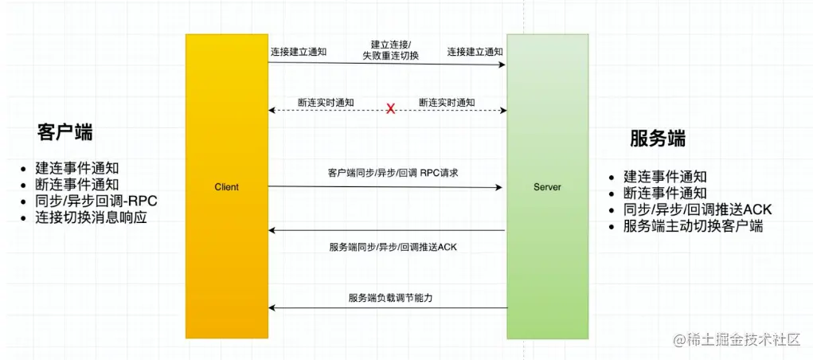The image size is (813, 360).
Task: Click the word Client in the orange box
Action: click(x=226, y=187)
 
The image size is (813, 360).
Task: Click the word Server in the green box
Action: click(x=547, y=187)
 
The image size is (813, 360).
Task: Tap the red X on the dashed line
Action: click(x=390, y=109)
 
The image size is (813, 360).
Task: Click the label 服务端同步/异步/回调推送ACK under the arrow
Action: click(x=393, y=247)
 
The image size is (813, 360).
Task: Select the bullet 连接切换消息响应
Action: click(x=91, y=217)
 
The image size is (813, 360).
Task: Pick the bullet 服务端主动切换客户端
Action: click(x=693, y=226)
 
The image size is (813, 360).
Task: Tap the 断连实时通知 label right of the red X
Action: click(x=447, y=103)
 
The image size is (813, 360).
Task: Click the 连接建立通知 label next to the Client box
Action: click(x=299, y=52)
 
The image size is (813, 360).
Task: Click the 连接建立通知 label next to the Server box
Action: click(x=475, y=52)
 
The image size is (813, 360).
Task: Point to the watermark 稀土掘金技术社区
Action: click(x=737, y=340)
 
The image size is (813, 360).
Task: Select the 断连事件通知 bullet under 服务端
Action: click(x=665, y=193)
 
